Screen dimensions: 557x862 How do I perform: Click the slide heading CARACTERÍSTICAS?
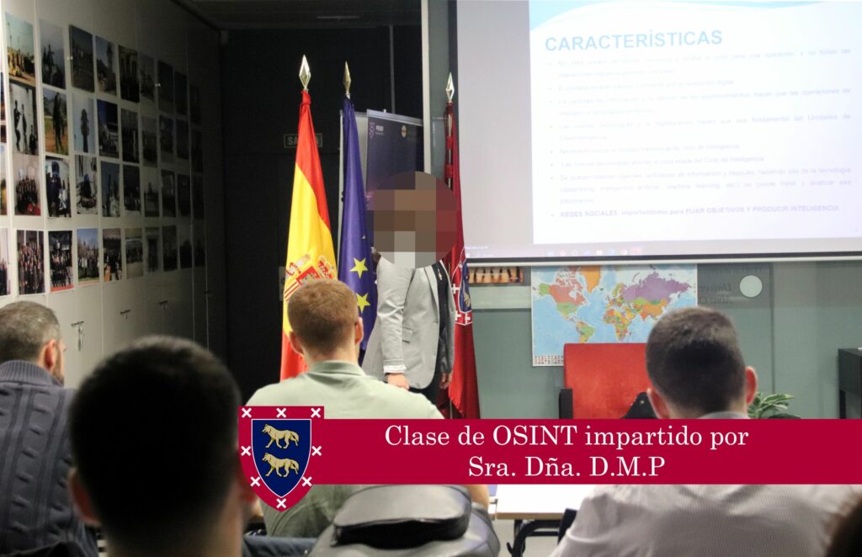(633, 40)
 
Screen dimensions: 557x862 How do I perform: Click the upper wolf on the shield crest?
(280, 436)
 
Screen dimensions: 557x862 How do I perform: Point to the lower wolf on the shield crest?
(280, 464)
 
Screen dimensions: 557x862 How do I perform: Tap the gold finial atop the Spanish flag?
(305, 72)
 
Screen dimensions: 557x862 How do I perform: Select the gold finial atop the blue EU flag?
(347, 78)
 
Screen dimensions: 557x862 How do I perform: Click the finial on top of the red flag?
(450, 87)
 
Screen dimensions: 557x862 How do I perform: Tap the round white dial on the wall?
(750, 286)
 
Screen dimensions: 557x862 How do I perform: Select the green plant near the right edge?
(772, 405)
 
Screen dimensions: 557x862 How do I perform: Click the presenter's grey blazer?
(407, 320)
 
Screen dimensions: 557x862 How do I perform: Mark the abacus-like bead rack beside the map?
(495, 275)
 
